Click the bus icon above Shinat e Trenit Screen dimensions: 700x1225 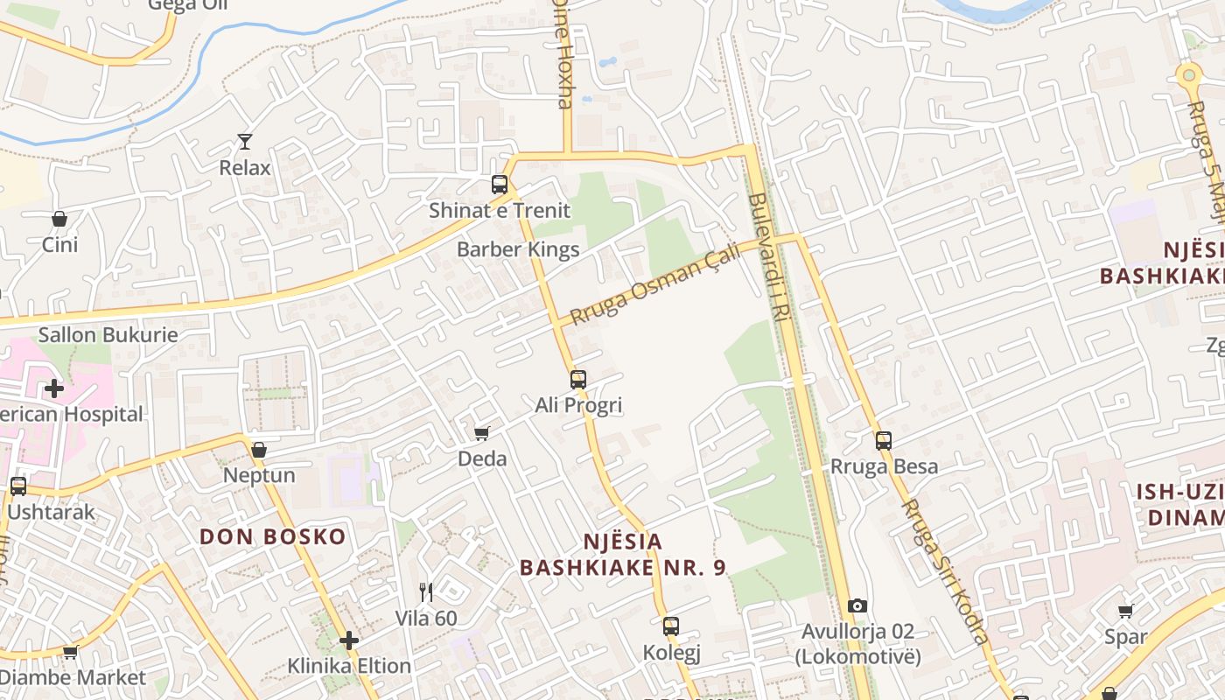click(x=500, y=185)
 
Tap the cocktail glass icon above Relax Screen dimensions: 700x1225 click(x=245, y=141)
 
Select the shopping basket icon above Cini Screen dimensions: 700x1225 click(x=59, y=219)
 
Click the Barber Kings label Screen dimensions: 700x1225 click(x=518, y=249)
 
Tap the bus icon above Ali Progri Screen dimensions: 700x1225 click(x=578, y=380)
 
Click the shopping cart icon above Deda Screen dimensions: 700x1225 click(x=481, y=433)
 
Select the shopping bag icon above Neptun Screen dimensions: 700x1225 click(x=259, y=450)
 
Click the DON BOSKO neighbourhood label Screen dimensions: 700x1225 click(x=273, y=536)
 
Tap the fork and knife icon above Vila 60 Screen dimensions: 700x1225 click(x=426, y=592)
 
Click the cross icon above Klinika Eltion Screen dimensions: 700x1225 click(x=349, y=640)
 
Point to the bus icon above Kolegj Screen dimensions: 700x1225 click(x=671, y=626)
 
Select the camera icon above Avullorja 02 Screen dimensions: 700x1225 click(x=857, y=605)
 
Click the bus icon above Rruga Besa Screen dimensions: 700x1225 click(x=884, y=441)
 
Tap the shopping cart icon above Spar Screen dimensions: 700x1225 click(x=1126, y=611)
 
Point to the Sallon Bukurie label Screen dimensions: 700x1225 click(x=108, y=334)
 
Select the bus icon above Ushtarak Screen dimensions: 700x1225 click(x=18, y=486)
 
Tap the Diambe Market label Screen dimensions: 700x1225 click(x=73, y=677)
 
